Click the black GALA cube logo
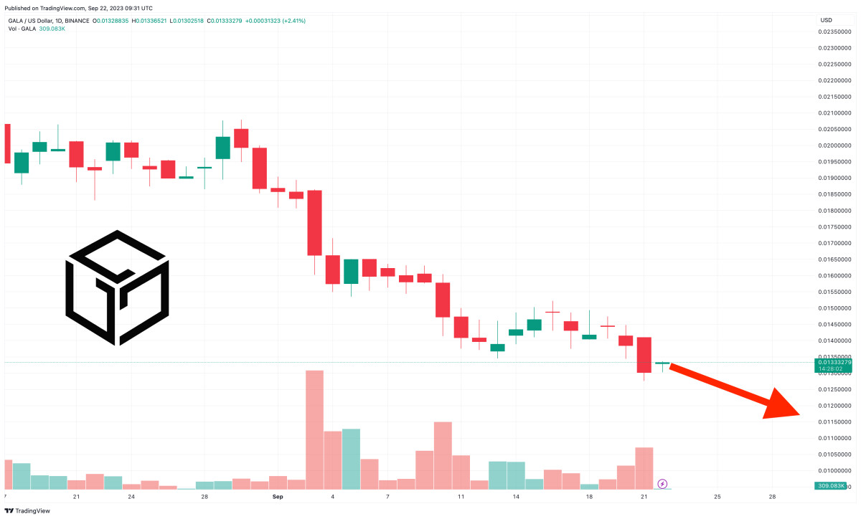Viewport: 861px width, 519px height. [117, 287]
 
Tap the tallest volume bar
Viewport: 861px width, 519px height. [314, 429]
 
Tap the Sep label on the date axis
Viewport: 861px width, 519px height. [278, 496]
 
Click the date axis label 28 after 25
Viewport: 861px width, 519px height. [772, 496]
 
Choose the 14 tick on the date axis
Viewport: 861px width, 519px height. [516, 496]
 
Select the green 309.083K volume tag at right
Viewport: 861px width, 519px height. [832, 486]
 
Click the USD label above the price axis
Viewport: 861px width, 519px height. [826, 20]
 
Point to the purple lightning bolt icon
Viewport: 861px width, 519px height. [662, 484]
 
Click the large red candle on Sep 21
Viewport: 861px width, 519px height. [644, 354]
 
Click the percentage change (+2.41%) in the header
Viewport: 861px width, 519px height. [292, 21]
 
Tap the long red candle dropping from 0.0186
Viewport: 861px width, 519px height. [314, 222]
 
